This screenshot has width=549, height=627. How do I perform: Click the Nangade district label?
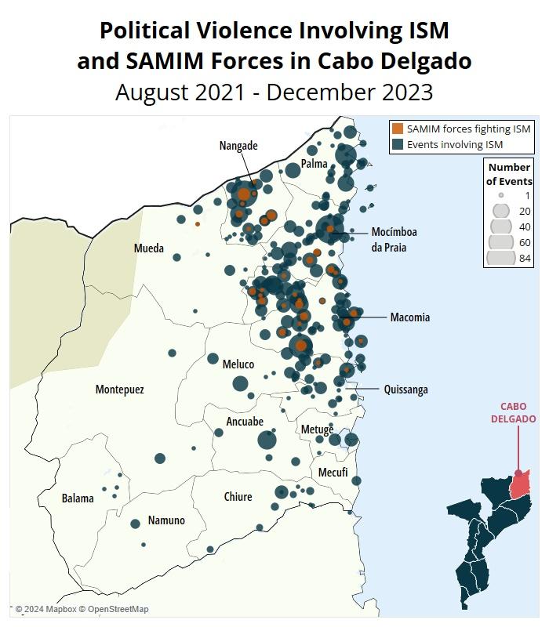click(x=238, y=146)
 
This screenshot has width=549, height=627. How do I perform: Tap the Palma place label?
click(x=314, y=164)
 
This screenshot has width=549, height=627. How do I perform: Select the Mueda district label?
click(x=149, y=248)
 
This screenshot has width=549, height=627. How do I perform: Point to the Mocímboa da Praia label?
click(x=394, y=239)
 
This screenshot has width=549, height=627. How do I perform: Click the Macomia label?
click(x=409, y=317)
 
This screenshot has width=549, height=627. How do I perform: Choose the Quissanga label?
click(x=405, y=390)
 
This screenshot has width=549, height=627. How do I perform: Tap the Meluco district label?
click(x=238, y=364)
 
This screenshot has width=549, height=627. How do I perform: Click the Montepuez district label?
click(x=119, y=390)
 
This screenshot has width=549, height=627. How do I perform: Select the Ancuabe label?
click(x=245, y=422)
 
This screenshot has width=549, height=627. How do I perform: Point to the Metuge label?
click(x=317, y=429)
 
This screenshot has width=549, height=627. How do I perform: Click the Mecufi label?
click(x=333, y=473)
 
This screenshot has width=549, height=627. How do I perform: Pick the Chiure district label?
click(x=238, y=497)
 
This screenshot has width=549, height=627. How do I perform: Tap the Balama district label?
click(x=78, y=498)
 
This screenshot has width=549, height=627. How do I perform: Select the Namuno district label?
click(x=166, y=520)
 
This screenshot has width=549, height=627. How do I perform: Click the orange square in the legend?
click(x=398, y=129)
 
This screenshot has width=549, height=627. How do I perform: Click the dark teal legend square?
click(x=398, y=144)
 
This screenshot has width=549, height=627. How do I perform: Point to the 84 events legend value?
click(x=525, y=259)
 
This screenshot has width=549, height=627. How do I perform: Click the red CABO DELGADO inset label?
click(x=514, y=413)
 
